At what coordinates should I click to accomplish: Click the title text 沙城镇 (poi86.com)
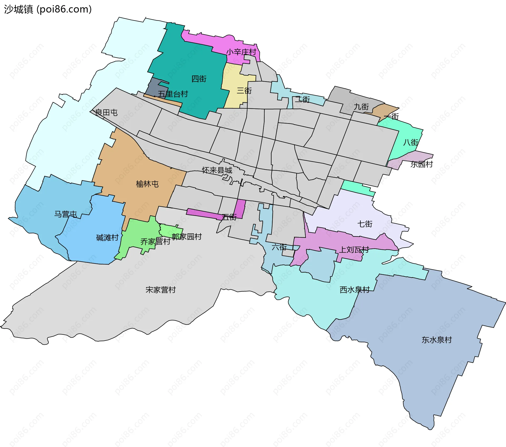pos(48,9)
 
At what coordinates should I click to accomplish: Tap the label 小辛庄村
pos(241,52)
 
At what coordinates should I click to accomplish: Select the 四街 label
pos(199,79)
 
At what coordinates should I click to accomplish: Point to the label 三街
pos(244,90)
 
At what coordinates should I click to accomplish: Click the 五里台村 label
pos(173,94)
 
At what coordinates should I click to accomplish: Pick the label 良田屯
pos(106,112)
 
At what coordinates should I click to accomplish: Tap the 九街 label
pos(361,107)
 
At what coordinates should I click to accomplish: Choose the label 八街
pos(411,142)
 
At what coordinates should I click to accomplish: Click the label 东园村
pos(421,164)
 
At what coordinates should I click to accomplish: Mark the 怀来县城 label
pos(217,170)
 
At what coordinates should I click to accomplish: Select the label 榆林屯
pos(147,184)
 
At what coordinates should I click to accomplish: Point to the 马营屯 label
pos(65,214)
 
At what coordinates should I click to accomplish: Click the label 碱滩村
pos(107,238)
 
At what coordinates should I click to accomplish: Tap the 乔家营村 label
pos(155,241)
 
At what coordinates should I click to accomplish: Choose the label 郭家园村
pos(187,237)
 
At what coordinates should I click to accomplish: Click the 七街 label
pos(365,224)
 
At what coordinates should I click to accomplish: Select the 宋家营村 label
pos(160,290)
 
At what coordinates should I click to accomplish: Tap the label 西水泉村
pos(355,290)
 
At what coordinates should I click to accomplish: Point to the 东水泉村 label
pos(437,340)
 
